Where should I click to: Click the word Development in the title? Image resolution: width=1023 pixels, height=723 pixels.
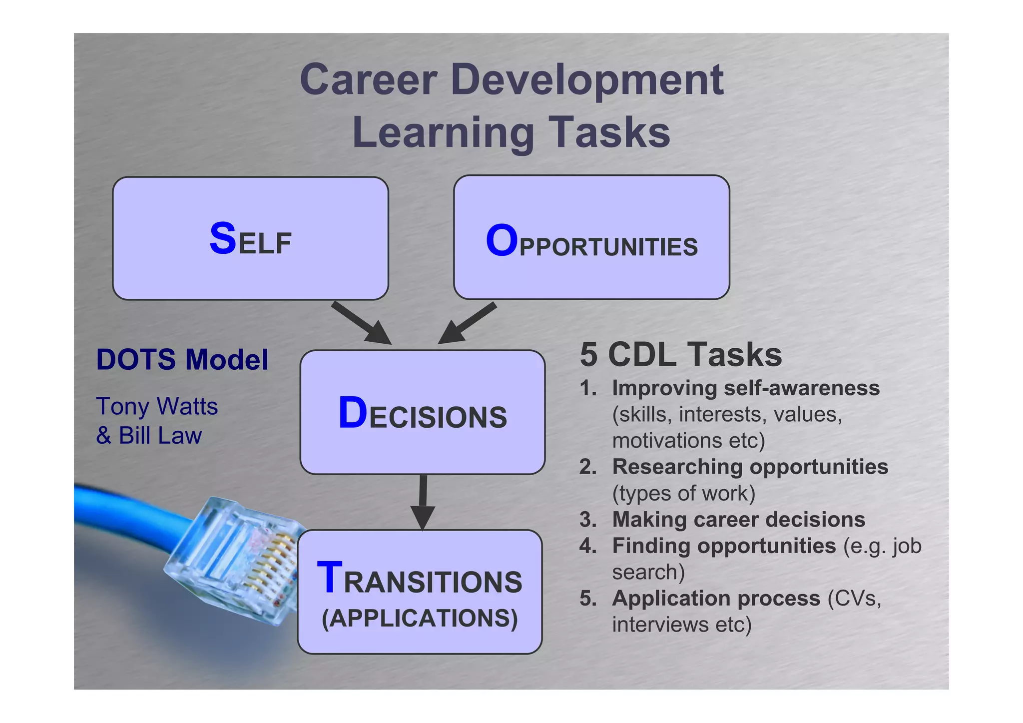coord(587,81)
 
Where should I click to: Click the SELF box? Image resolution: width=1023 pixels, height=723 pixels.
coord(250,238)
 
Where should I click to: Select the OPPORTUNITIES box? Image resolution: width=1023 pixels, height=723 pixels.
coord(591,238)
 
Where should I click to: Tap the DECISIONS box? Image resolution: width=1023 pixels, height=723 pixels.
coord(422,413)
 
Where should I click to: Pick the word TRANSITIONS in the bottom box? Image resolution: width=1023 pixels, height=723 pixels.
coord(420,580)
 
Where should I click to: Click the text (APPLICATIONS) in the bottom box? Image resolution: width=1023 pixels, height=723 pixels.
coord(420,619)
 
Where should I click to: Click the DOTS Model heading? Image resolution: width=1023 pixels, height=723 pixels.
coord(182,359)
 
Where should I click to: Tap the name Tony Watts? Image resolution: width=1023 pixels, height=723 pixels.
coord(157,406)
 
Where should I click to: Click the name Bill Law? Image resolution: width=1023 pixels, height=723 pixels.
coord(160,436)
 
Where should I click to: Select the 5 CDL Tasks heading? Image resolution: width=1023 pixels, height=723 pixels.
coord(680,355)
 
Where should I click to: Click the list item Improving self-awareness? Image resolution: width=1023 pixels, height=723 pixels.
coord(745,388)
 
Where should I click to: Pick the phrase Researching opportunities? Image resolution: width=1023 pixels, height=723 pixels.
coord(750,467)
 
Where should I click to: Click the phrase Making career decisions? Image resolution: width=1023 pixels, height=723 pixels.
coord(738,520)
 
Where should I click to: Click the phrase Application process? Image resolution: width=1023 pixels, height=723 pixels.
coord(716,599)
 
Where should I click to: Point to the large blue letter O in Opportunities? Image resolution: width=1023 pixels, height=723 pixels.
coord(502,241)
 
